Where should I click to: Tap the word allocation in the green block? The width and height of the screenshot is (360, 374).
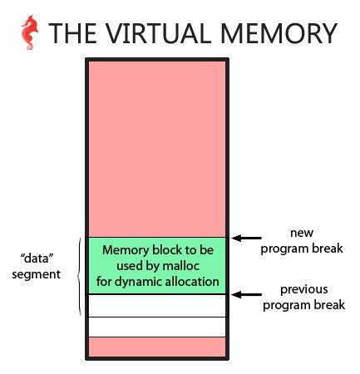(196, 281)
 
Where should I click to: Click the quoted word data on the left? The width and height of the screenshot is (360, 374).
(38, 258)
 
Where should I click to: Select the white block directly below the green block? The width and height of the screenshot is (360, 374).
(156, 305)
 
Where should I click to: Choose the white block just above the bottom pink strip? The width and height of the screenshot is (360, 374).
(156, 326)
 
